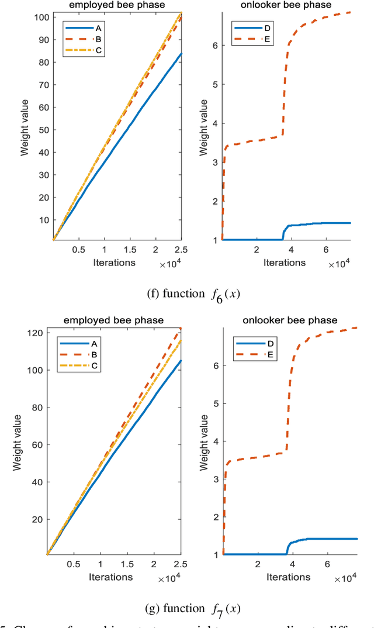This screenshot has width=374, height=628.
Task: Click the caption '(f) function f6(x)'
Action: tap(186, 294)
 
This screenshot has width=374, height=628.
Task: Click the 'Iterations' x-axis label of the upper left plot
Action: tap(114, 262)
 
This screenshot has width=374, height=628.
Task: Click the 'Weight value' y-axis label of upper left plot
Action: tap(26, 126)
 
